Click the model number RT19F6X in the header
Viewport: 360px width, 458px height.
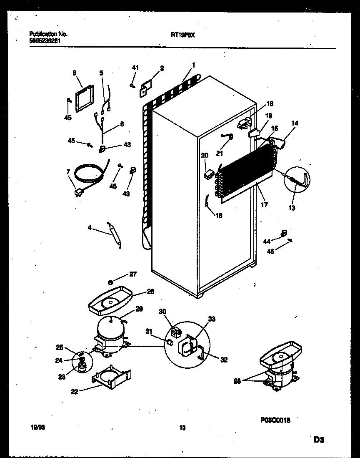tap(183, 35)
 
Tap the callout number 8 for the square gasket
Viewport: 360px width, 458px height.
tap(74, 73)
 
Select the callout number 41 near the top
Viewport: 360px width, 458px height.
tap(135, 68)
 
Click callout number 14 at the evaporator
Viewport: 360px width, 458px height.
tap(295, 123)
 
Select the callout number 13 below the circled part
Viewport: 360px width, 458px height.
tap(292, 208)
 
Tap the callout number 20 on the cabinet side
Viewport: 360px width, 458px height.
tap(204, 155)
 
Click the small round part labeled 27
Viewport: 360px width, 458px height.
tap(111, 282)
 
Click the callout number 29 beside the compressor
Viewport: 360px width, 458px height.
tap(139, 309)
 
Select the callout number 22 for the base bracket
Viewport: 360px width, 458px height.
tap(75, 391)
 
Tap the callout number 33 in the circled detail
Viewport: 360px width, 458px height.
tap(212, 319)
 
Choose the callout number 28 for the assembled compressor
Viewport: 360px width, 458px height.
tap(238, 380)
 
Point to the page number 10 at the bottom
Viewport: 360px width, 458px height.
tap(182, 427)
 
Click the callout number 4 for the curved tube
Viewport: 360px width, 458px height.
tap(89, 228)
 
